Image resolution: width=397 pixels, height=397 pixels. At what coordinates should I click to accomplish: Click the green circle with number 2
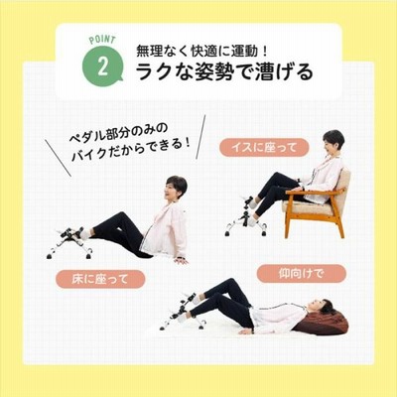coord(102,66)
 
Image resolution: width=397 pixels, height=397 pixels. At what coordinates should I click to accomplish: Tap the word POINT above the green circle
coord(102,39)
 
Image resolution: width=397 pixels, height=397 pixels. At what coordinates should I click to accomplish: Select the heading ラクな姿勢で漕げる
coord(224,72)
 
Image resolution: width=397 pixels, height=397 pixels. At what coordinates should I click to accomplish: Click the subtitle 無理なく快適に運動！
coord(201,51)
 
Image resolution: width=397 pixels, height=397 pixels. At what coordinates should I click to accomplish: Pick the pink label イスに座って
coord(264,147)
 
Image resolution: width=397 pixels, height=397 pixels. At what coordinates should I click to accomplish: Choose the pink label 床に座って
coord(100,279)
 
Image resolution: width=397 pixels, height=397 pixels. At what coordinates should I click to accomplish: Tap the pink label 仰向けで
coord(302,274)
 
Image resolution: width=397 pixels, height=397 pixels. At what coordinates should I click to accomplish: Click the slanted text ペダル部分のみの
coord(118,132)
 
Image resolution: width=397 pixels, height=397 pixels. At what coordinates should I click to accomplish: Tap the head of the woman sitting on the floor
coord(176,188)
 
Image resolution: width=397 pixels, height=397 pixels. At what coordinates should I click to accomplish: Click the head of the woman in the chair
coord(333,141)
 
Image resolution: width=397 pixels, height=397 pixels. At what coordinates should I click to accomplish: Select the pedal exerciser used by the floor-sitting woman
coord(70,242)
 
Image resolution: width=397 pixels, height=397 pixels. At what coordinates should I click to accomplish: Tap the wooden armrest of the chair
coord(316,192)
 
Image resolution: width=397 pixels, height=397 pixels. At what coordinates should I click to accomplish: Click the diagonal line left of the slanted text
coord(58,158)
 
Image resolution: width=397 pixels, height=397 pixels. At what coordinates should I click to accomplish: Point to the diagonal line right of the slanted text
coord(200,137)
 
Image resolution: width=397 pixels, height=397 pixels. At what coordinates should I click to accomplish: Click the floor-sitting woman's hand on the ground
coord(181,261)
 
